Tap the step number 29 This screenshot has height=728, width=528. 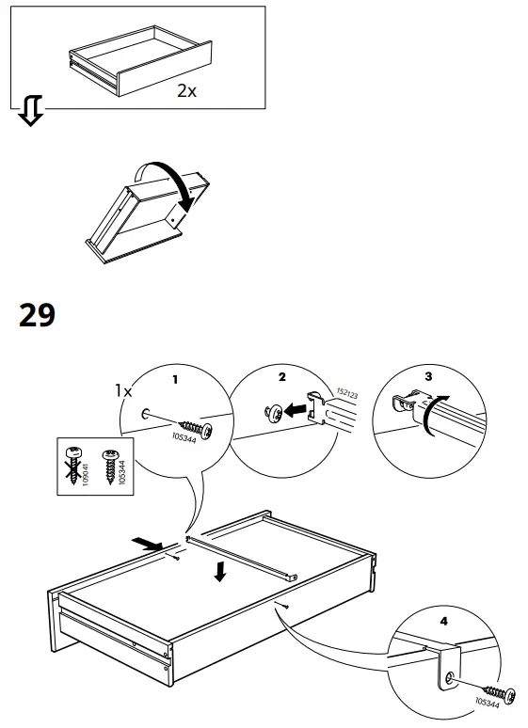coord(38,315)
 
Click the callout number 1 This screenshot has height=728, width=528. coord(172,380)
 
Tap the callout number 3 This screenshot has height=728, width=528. coord(429,375)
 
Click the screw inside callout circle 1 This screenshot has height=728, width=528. coord(193,424)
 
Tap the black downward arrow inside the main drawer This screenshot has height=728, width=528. coord(219,570)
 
